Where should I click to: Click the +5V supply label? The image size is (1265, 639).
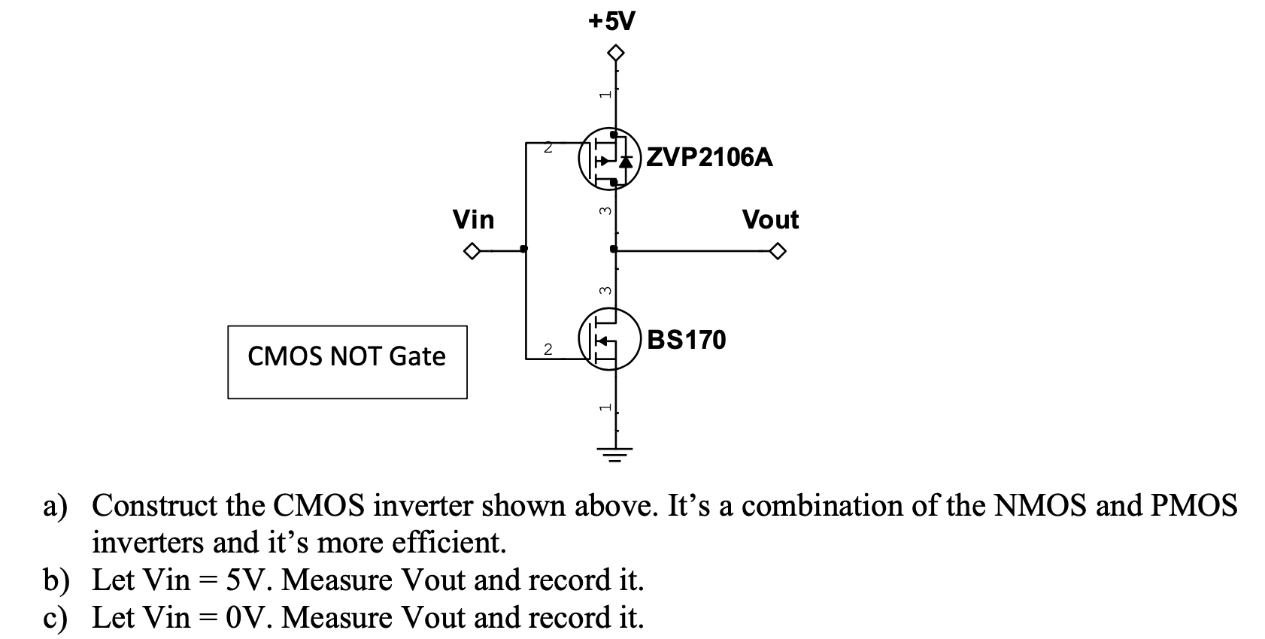point(611,22)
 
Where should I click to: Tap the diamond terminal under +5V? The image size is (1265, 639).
point(615,53)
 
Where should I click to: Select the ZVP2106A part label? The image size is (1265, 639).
point(709,157)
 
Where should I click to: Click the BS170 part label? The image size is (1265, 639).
point(686,340)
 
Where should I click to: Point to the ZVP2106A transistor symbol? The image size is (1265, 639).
point(610,159)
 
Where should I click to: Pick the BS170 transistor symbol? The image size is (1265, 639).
point(610,339)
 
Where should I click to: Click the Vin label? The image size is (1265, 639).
point(473,219)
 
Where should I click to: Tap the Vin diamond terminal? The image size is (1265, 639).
point(472,250)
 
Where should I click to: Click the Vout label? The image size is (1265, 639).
point(770,220)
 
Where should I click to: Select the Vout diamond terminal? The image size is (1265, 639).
point(778,251)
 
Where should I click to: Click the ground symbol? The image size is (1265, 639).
point(615,454)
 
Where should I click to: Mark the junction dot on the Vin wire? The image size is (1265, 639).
point(524,249)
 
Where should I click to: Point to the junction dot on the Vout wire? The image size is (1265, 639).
point(614,249)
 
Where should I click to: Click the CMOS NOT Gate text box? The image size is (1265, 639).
point(347,362)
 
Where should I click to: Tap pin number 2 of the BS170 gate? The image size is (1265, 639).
point(548,350)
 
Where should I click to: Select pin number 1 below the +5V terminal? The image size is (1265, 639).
point(605,94)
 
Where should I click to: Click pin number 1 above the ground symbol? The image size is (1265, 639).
point(605,407)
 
